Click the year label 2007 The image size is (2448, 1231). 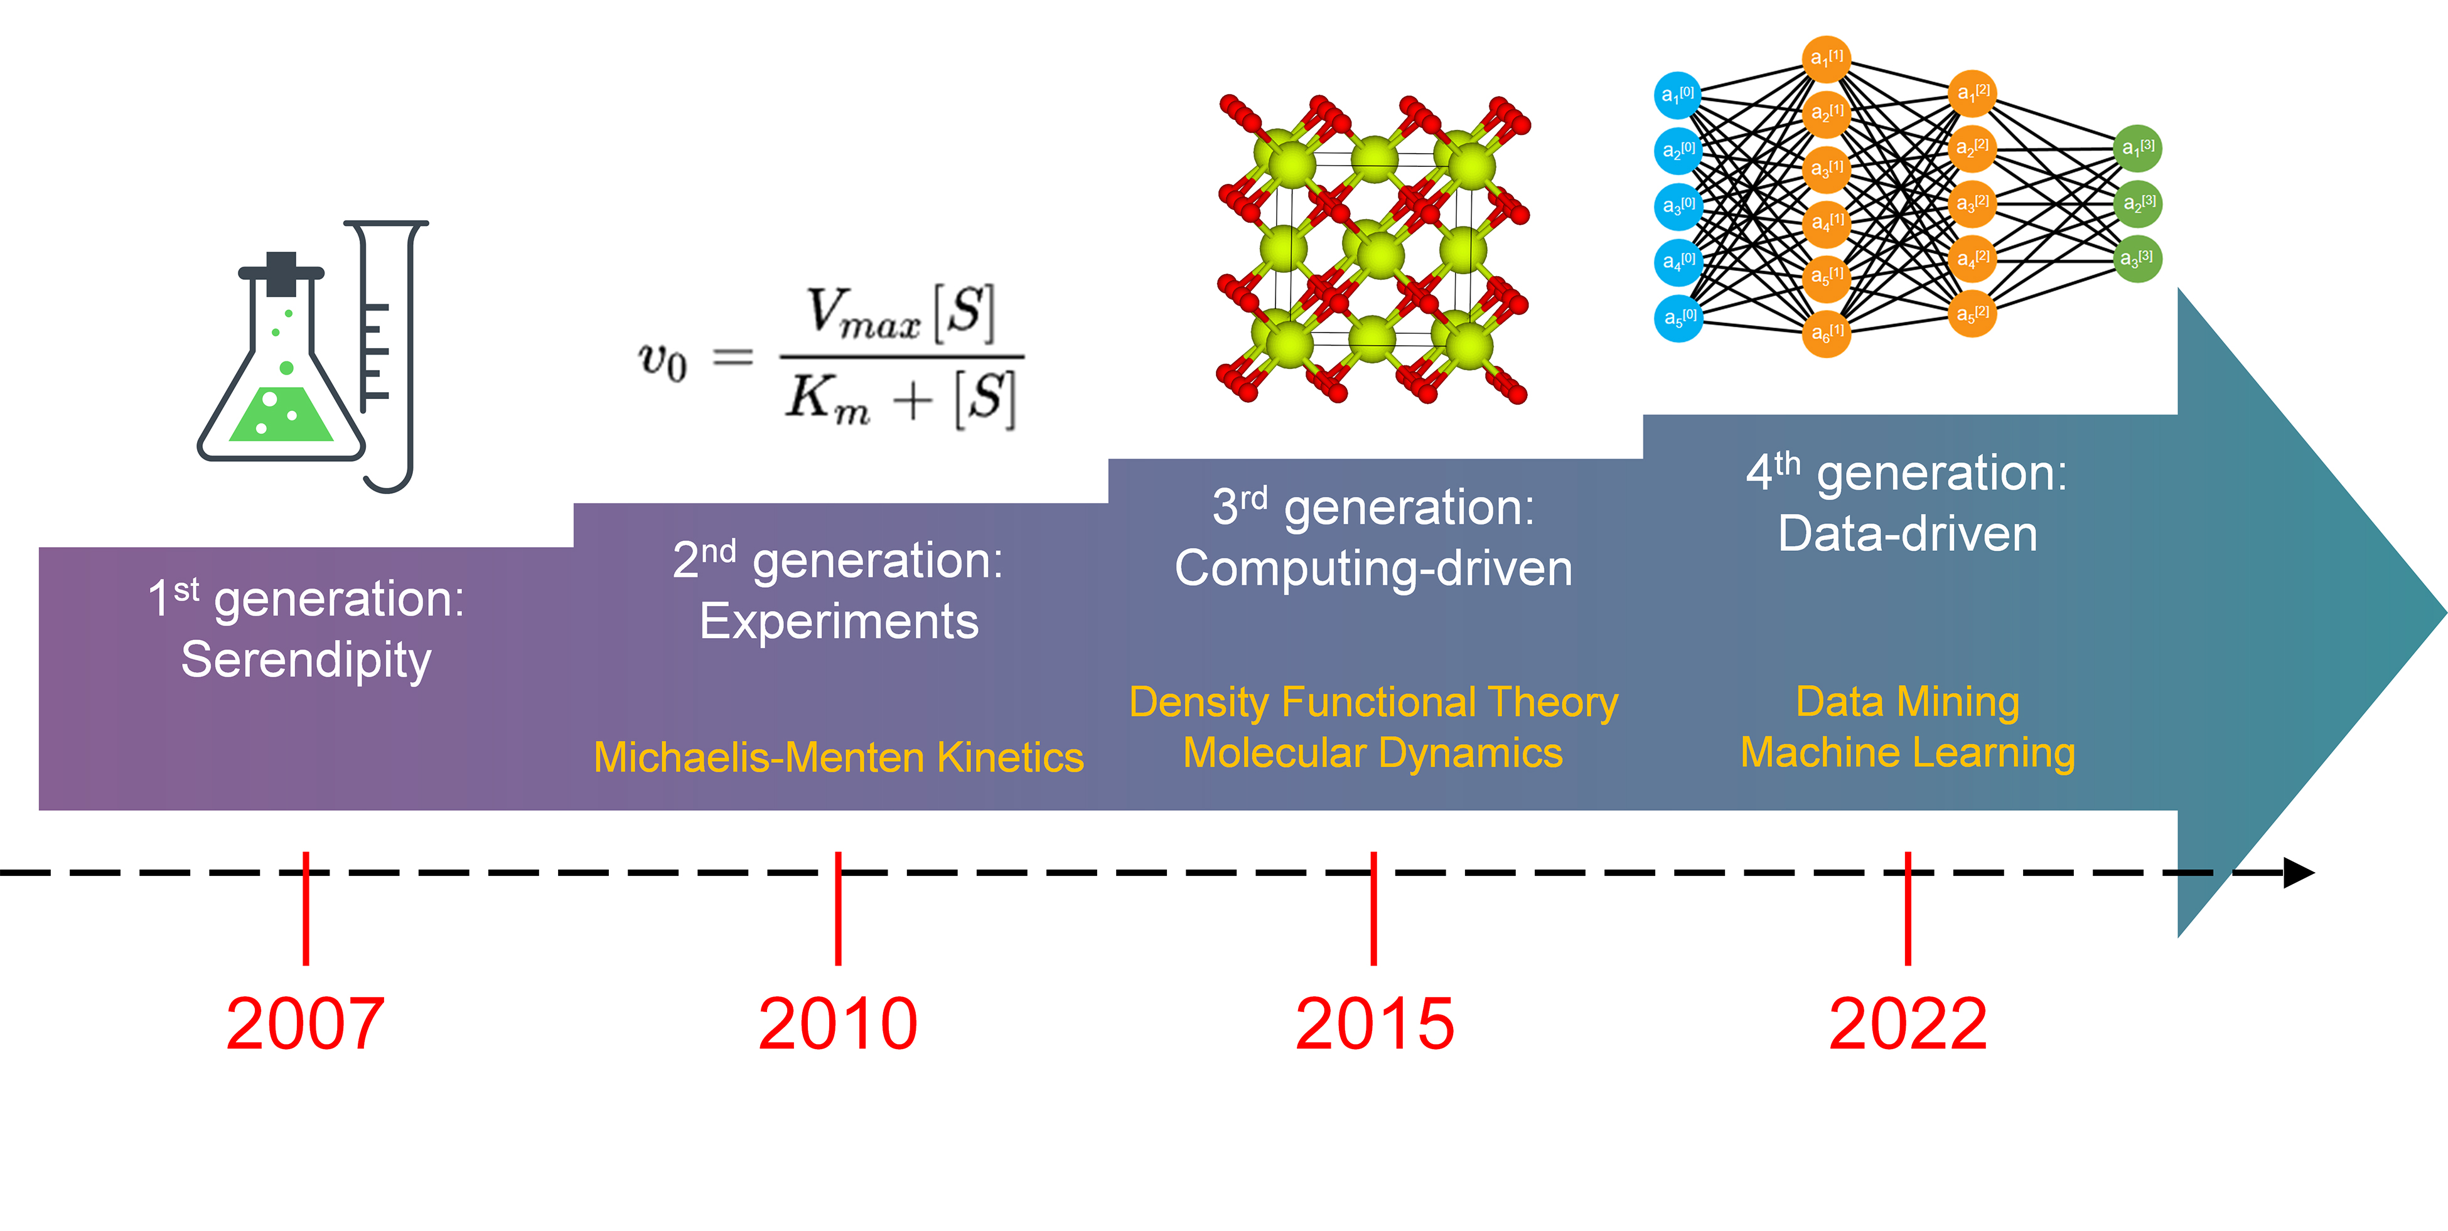[x=305, y=1024]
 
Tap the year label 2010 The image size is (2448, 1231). [x=837, y=1024]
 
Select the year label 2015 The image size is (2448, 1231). [x=1374, y=1024]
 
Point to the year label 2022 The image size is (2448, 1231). [x=1908, y=1024]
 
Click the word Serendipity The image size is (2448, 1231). [x=306, y=660]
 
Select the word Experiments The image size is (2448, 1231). [x=838, y=622]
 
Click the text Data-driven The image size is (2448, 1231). [x=1908, y=534]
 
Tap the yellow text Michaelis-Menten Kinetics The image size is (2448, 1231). [x=838, y=757]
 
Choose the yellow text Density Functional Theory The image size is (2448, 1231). [x=1373, y=703]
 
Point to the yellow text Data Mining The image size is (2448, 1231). [x=1908, y=703]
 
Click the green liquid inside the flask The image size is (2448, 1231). [x=281, y=416]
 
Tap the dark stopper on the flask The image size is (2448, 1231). [x=281, y=274]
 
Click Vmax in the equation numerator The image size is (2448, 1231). [x=863, y=314]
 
